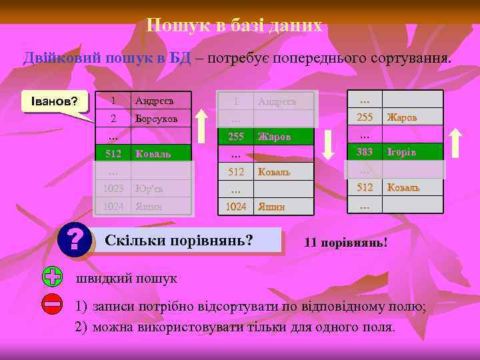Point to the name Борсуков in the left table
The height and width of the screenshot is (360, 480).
pos(156,118)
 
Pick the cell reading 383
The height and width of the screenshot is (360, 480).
pos(364,152)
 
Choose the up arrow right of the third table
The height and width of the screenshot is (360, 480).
pos(457,141)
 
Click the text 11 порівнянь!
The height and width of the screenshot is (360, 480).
pos(345,241)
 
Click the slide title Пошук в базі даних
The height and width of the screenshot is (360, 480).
pos(235,25)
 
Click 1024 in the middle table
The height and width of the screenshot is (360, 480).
pos(235,207)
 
